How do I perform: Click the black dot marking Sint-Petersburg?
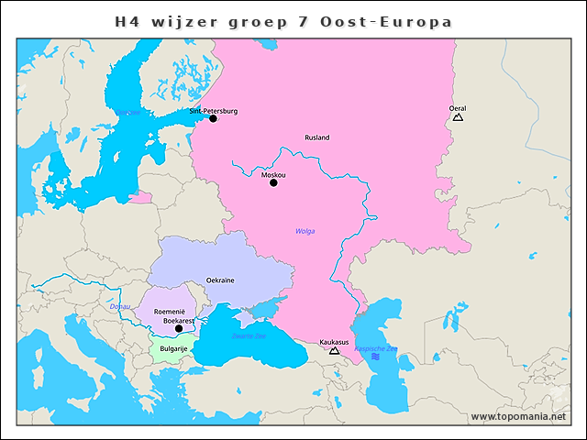pos(213,118)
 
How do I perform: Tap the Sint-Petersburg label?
pos(213,111)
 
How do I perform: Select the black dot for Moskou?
pos(273,182)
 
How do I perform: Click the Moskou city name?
pos(273,174)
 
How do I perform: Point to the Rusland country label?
pos(316,137)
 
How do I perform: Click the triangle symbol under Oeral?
pos(458,117)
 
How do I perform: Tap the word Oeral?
pos(458,108)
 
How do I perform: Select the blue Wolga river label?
pos(305,231)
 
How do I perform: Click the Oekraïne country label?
pos(220,280)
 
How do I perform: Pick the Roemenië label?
pos(170,312)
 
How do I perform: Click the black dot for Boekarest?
pos(180,329)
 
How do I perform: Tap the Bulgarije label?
pos(173,349)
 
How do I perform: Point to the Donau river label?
pos(120,306)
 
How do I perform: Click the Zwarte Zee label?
pos(249,336)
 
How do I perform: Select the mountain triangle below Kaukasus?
pos(334,350)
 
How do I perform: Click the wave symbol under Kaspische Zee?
pos(375,356)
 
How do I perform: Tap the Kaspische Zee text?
pos(376,348)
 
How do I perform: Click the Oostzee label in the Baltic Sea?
pos(128,113)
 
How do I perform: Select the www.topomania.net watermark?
pos(517,416)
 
